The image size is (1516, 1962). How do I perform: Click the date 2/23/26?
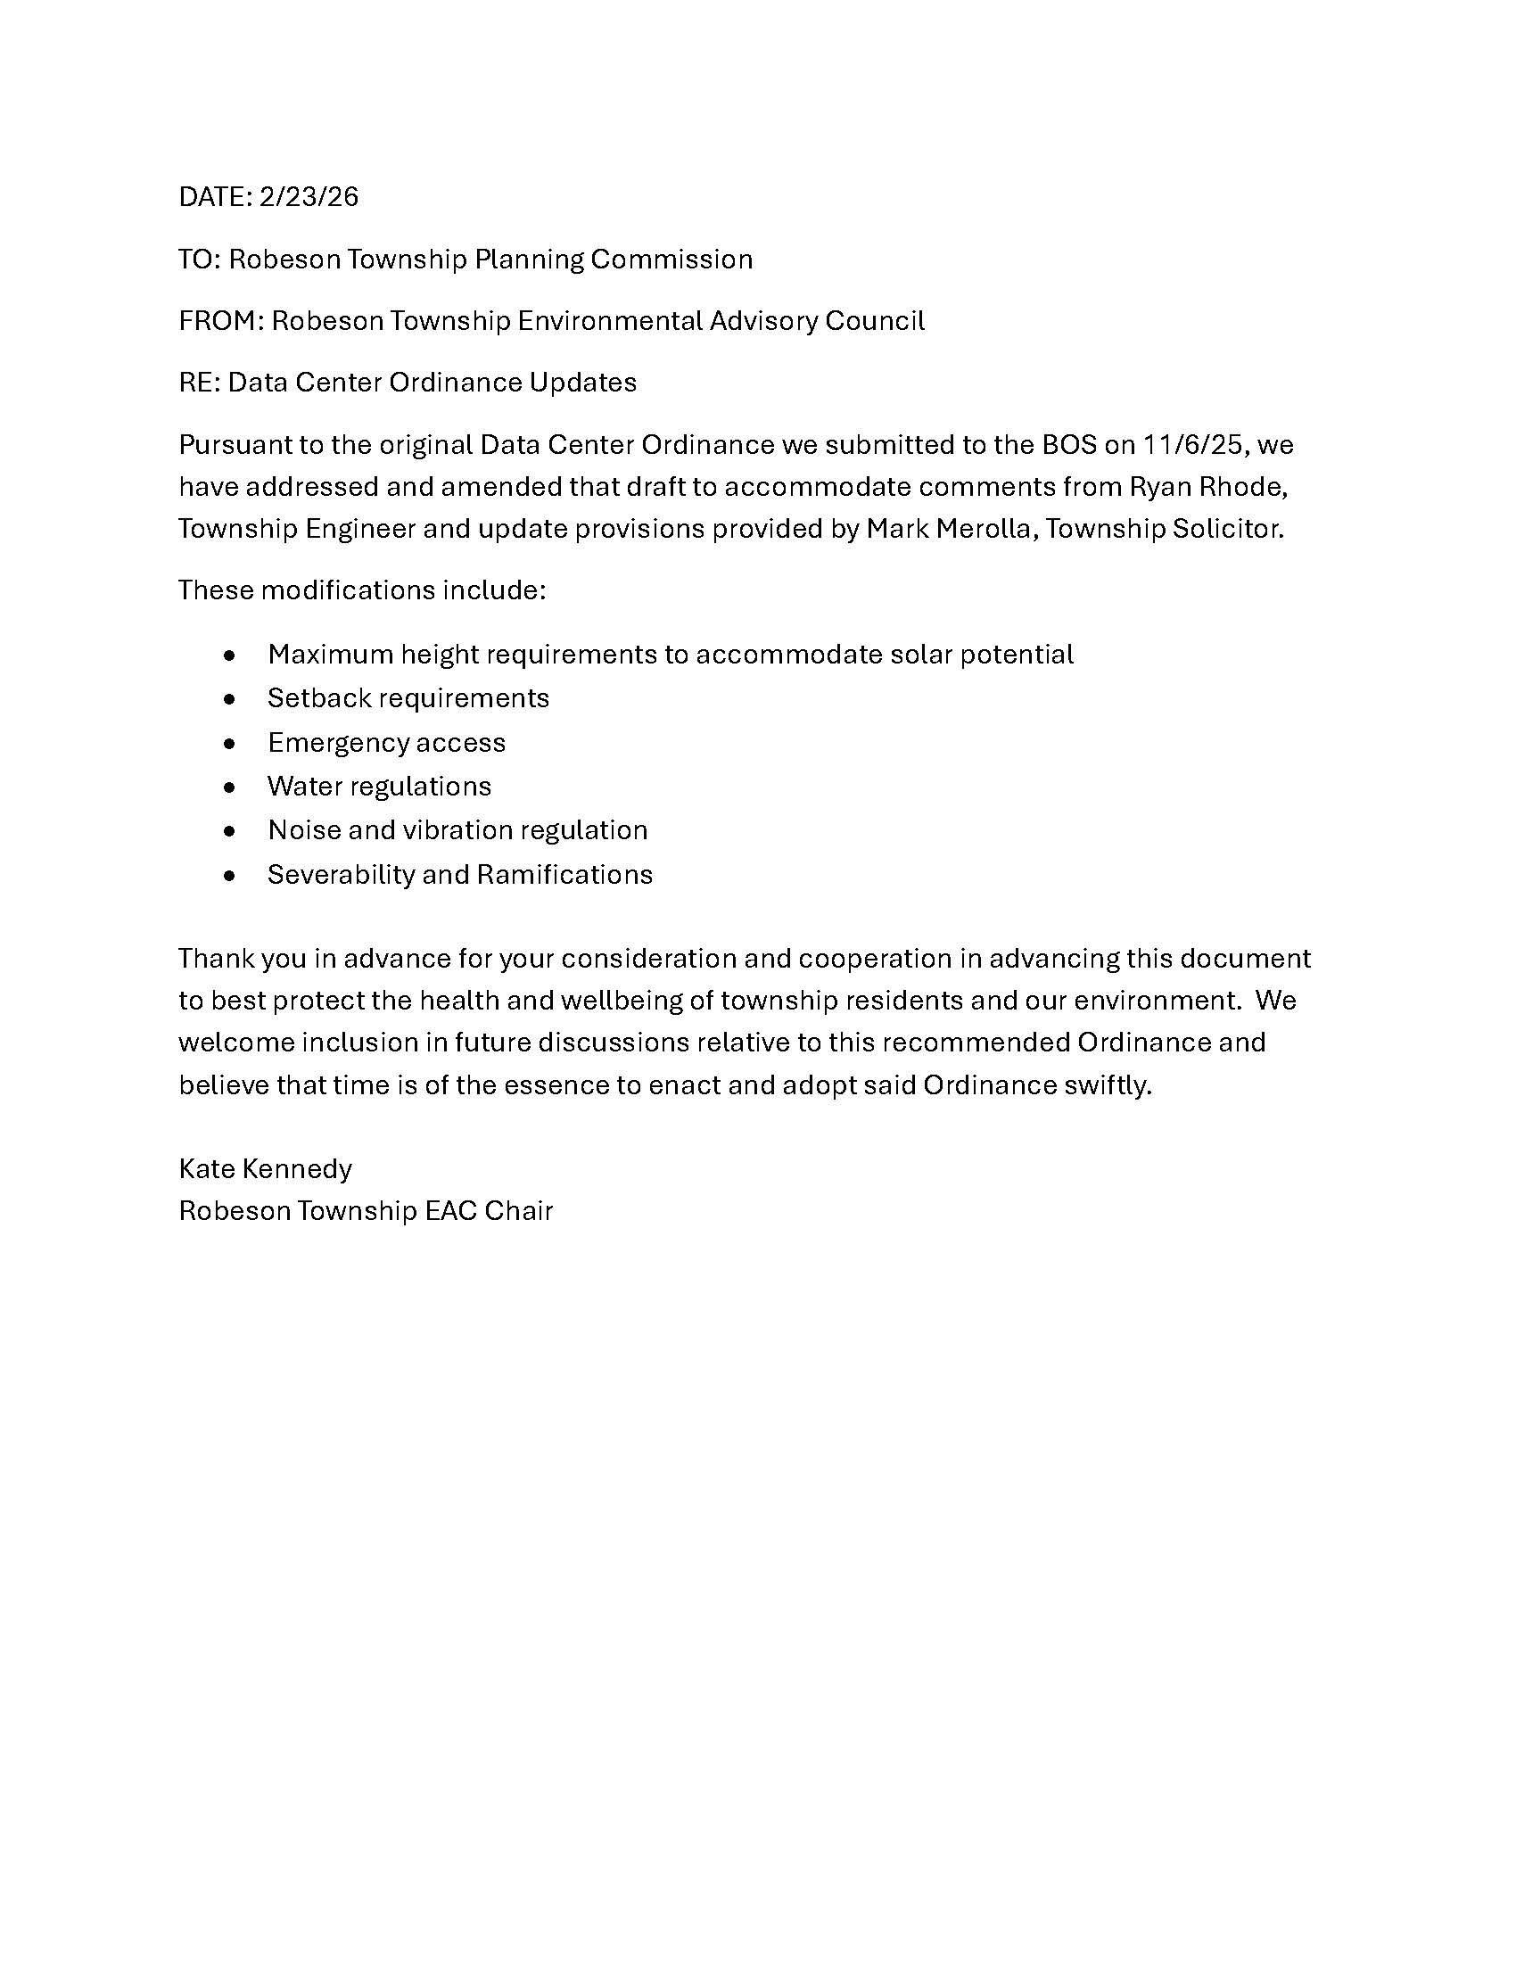coord(308,197)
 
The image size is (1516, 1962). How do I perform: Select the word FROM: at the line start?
coord(221,321)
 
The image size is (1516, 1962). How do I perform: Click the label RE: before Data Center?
coord(200,383)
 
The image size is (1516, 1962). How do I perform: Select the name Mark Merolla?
coord(952,528)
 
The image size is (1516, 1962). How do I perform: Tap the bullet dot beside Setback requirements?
coord(231,699)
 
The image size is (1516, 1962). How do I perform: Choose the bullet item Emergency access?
coord(386,743)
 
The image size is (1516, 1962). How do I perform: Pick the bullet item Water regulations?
coord(379,787)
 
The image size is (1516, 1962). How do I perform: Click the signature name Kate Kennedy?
coord(266,1169)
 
